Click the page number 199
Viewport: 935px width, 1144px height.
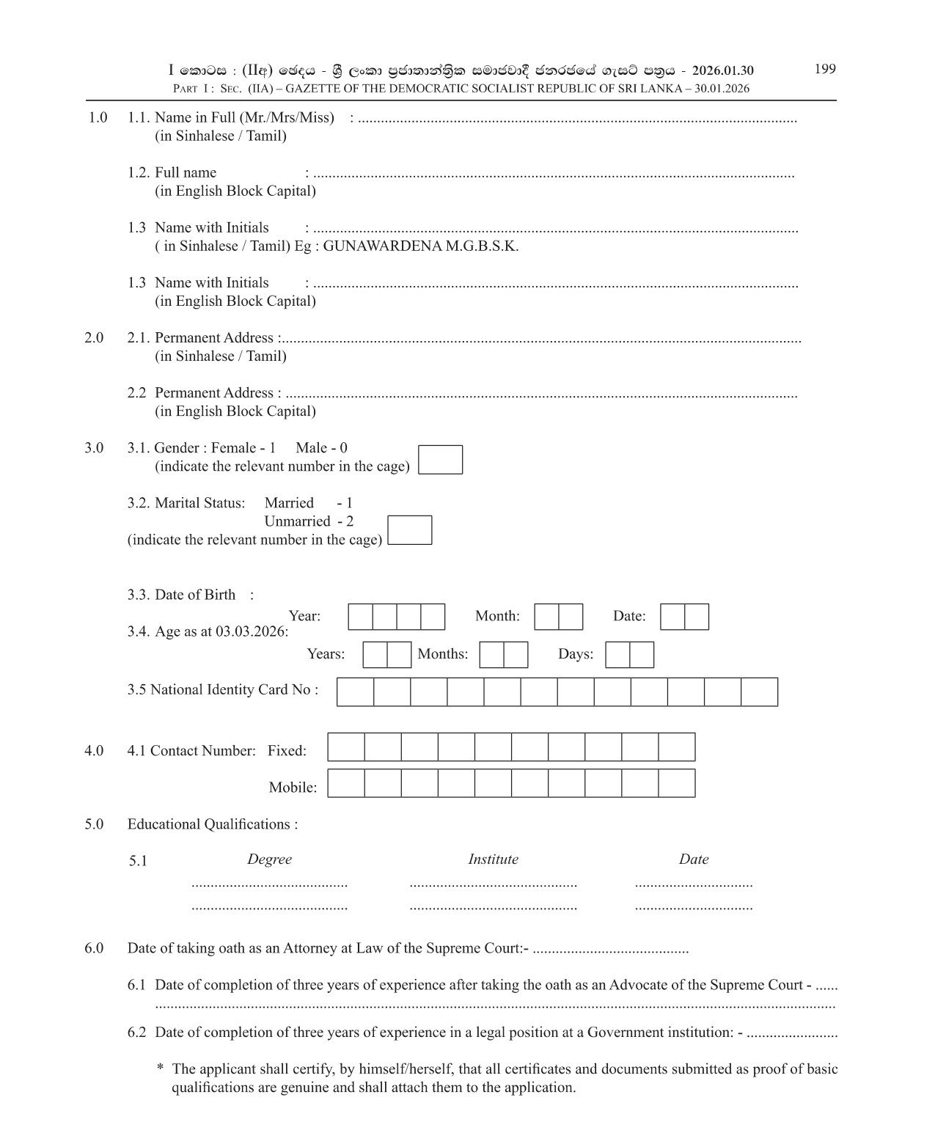click(x=825, y=69)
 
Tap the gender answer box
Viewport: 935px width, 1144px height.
click(x=440, y=460)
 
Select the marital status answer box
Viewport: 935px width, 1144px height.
click(x=409, y=530)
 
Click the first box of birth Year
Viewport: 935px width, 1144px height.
click(x=360, y=617)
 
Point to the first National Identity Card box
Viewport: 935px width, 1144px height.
click(x=356, y=692)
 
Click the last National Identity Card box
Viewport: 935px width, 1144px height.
click(x=759, y=692)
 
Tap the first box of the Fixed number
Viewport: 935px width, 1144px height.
click(x=346, y=747)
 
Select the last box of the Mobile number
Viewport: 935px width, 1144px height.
click(x=676, y=783)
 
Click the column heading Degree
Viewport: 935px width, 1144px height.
click(x=269, y=859)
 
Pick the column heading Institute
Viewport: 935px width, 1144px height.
click(x=493, y=859)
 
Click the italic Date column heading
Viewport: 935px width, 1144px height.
click(x=693, y=859)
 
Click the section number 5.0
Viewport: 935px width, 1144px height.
click(x=94, y=824)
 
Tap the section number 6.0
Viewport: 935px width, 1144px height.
click(x=94, y=948)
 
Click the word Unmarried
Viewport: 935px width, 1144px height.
click(x=297, y=521)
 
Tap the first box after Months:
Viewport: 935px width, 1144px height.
click(x=491, y=655)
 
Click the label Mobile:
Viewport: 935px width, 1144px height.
click(x=293, y=788)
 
